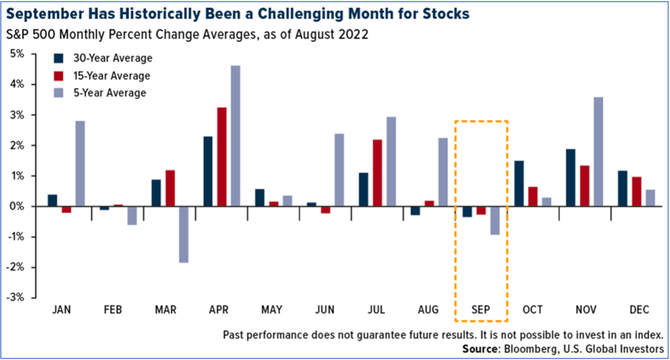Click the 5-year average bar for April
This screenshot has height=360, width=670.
click(x=235, y=136)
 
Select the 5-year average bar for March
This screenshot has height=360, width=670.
click(x=183, y=235)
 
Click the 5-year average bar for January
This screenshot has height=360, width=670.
click(x=80, y=164)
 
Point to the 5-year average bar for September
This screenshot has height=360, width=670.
click(x=495, y=220)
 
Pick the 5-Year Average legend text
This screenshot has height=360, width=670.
click(x=109, y=93)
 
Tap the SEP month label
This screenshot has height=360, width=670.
click(x=481, y=310)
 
